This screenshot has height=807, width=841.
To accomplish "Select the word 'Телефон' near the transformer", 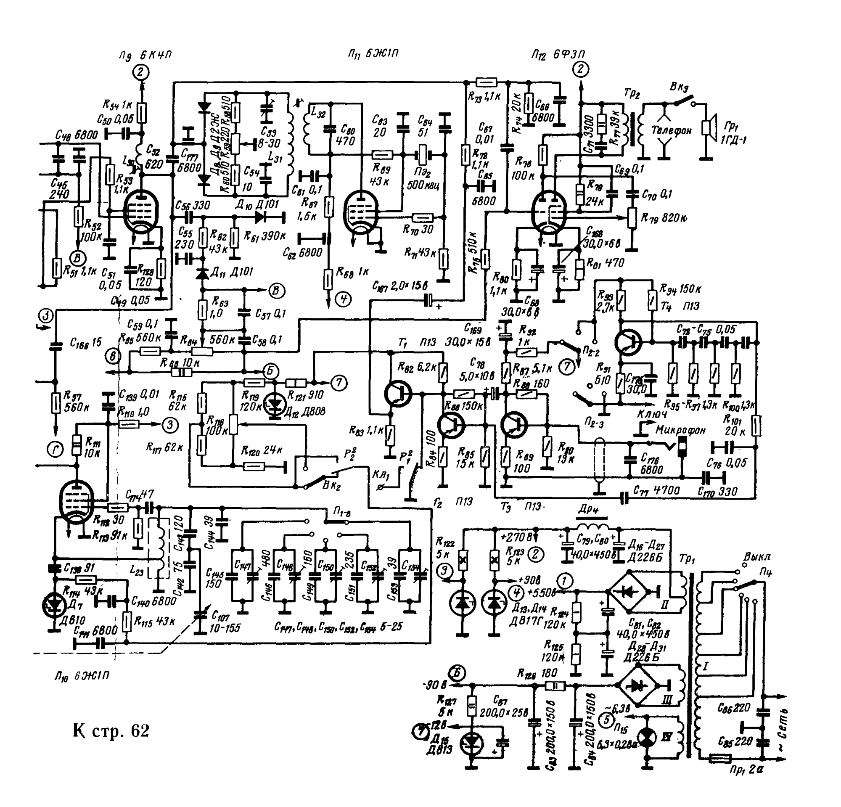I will (x=672, y=130).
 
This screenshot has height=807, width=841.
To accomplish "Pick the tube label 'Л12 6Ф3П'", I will (x=558, y=55).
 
